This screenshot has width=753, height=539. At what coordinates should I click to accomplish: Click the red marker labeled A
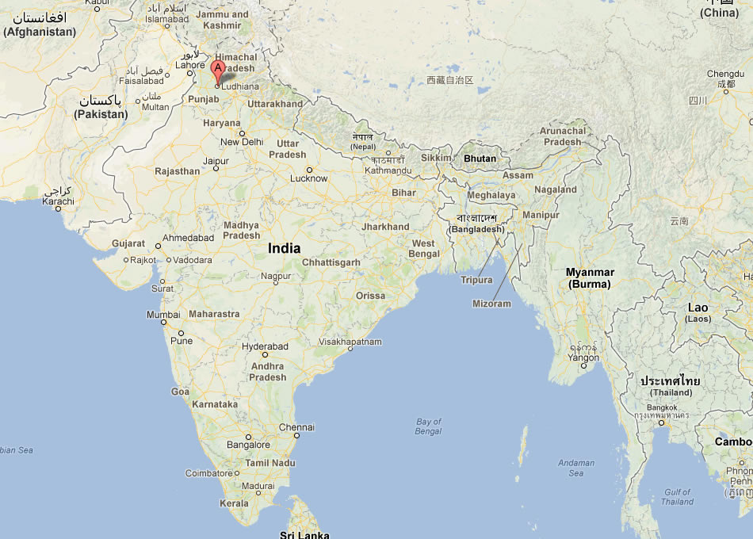point(218,71)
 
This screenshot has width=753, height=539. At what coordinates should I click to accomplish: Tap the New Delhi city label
point(241,142)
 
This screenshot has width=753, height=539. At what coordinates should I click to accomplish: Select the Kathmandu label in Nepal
point(388,170)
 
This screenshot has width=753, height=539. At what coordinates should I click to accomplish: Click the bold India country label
point(284,248)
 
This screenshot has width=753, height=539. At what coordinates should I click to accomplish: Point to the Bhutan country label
point(480,159)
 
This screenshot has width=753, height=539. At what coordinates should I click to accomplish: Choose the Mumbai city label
point(163,315)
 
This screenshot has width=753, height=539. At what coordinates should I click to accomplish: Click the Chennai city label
point(296,427)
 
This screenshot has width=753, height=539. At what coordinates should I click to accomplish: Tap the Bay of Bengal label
point(429,426)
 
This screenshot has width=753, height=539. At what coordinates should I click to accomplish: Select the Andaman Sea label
point(575,468)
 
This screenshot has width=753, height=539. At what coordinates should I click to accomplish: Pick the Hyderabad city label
point(265,346)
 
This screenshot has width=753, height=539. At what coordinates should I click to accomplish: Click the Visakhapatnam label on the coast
point(350,342)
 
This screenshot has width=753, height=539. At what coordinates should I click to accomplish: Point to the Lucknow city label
point(308,178)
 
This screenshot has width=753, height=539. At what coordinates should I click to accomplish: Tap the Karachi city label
point(58,201)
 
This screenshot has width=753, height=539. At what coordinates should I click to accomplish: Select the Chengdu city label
point(725,74)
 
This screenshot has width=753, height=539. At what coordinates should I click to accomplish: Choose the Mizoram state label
point(491,304)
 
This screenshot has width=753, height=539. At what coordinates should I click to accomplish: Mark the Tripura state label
point(476,280)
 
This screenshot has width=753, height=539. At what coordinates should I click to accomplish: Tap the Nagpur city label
point(276,276)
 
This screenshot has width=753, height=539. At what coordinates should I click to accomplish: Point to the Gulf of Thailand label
point(678,496)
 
